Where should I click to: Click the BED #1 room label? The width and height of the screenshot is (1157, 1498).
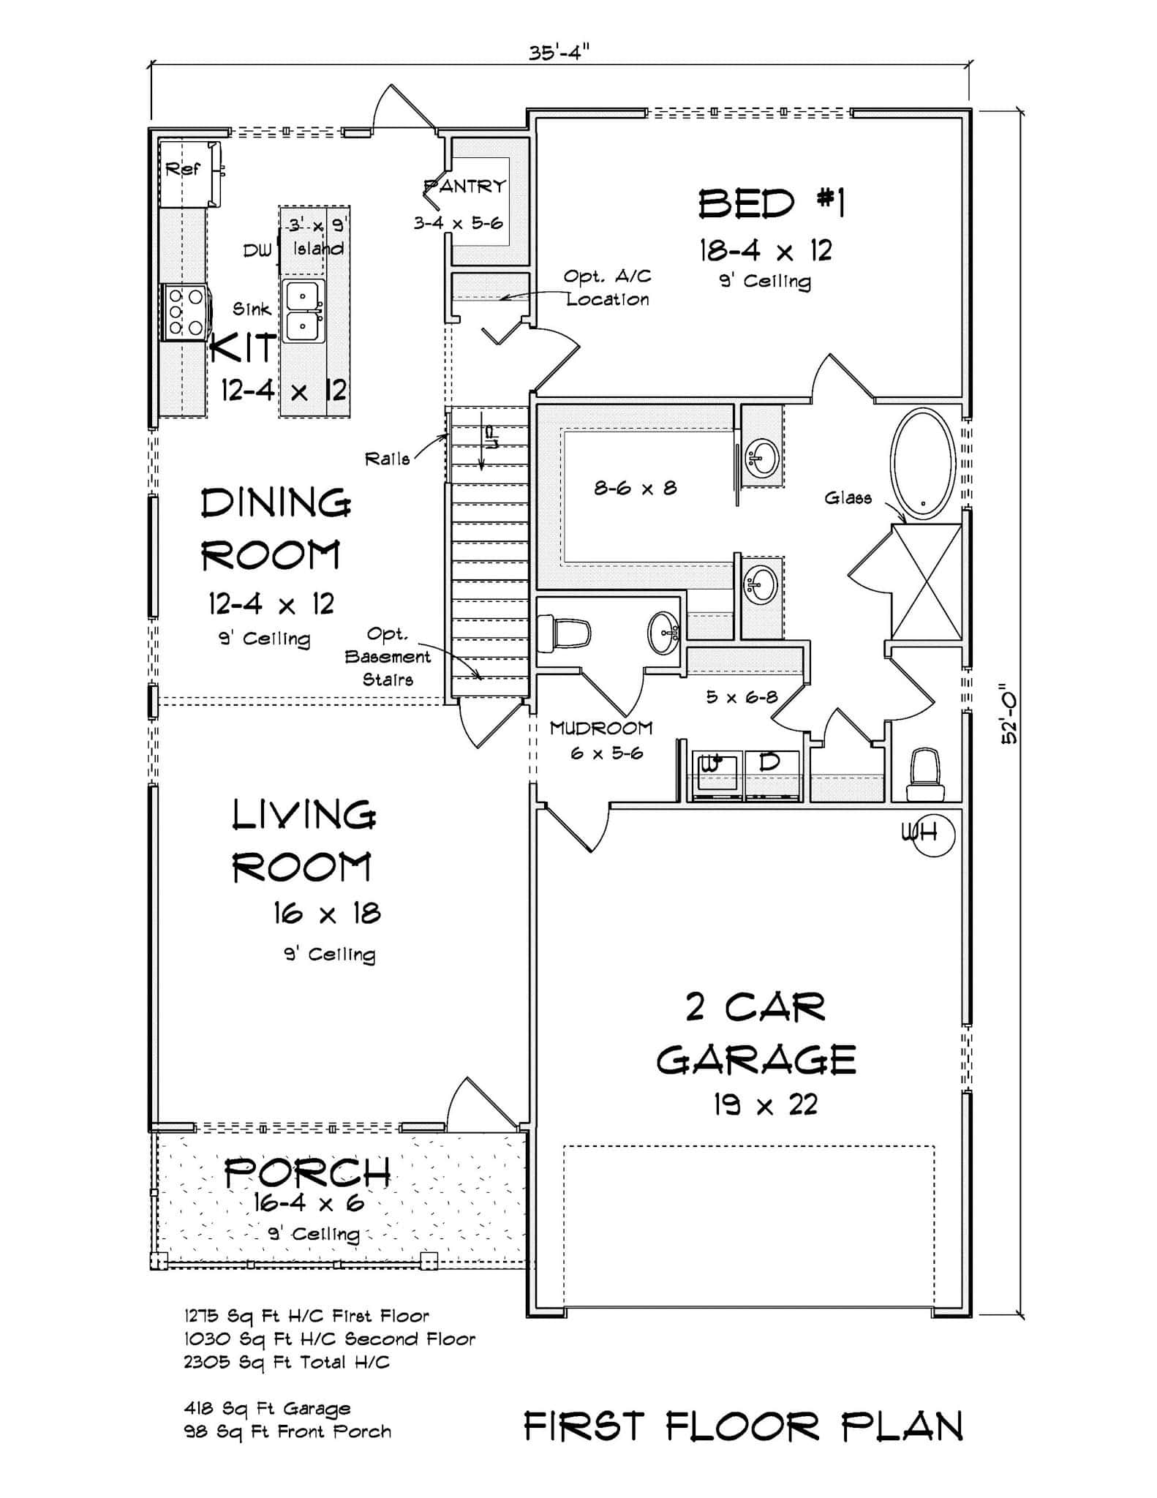(771, 203)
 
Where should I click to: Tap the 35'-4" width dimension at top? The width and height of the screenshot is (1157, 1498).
(559, 53)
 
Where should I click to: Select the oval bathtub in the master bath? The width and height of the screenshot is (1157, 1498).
(922, 462)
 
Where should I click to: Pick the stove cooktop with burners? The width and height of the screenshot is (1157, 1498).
(185, 314)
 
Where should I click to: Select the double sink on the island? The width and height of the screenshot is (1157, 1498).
(304, 311)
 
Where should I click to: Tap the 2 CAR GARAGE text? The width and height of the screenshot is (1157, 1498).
(756, 1033)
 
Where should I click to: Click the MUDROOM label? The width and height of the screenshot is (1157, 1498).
(600, 728)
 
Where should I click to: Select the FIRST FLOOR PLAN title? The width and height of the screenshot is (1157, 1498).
(743, 1426)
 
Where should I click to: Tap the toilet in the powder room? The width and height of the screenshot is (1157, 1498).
(565, 633)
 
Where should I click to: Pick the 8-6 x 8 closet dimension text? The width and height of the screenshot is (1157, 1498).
(635, 488)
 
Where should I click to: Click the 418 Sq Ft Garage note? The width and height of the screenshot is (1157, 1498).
(267, 1408)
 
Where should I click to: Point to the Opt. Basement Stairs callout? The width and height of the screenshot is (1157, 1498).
(389, 656)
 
